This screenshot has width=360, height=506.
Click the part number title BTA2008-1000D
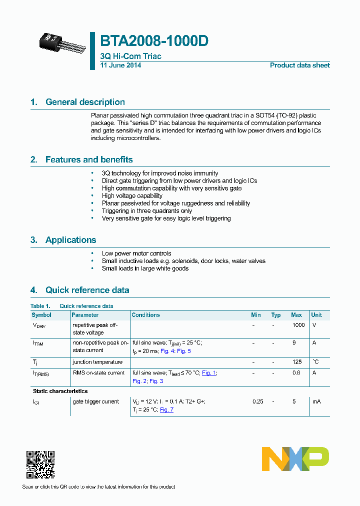coord(154,41)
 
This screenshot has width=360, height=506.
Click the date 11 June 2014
coord(120,65)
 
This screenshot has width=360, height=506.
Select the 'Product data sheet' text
coord(299,65)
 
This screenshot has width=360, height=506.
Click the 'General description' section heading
coord(85,102)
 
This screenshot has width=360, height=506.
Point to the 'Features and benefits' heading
coord(89,159)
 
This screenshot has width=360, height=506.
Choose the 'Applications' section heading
coord(70,240)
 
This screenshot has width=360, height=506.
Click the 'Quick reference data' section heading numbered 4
coord(87,290)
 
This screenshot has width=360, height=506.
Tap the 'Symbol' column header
coord(41,315)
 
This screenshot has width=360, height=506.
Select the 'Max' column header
coord(296,315)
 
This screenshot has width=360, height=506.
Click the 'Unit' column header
coord(316,315)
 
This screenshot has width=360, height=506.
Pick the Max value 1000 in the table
coord(298,325)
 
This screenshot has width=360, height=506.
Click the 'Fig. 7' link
coord(166,410)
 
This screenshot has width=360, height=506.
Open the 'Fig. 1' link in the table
coord(209,373)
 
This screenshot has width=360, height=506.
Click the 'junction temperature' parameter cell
coord(97,362)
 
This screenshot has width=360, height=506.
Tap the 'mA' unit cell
coord(316,401)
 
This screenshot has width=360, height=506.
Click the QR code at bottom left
coord(40,465)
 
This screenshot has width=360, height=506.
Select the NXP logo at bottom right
coord(295,459)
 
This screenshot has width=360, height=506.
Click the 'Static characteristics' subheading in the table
coord(60,391)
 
